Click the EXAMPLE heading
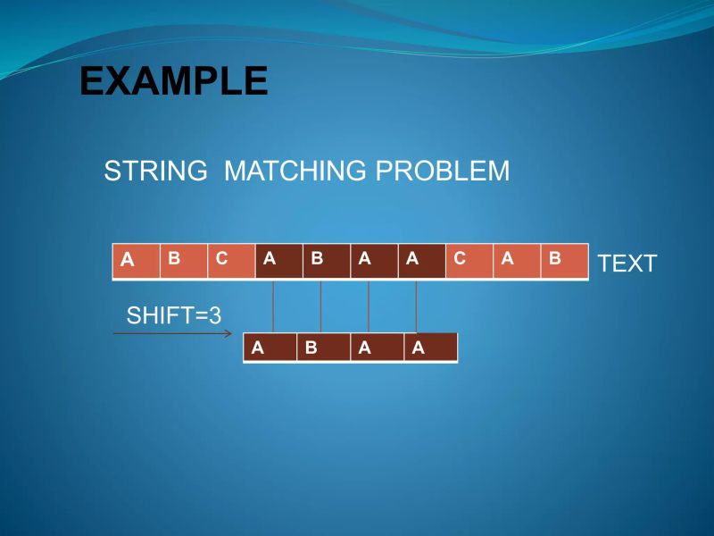coord(173,81)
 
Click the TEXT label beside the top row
coord(627,264)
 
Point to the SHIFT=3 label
coord(174,315)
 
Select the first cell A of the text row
coord(136,261)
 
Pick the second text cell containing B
coord(183,261)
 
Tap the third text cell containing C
coord(231,261)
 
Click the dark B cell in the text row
coord(326,261)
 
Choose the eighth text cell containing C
coord(469,261)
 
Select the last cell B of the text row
coord(564,261)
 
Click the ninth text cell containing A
coord(517,261)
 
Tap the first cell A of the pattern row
coord(270,348)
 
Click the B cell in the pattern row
coord(322,348)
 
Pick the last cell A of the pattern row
coord(430,348)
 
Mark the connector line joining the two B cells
coord(320,306)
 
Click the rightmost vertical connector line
coord(417,306)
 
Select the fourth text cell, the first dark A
coord(278,261)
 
